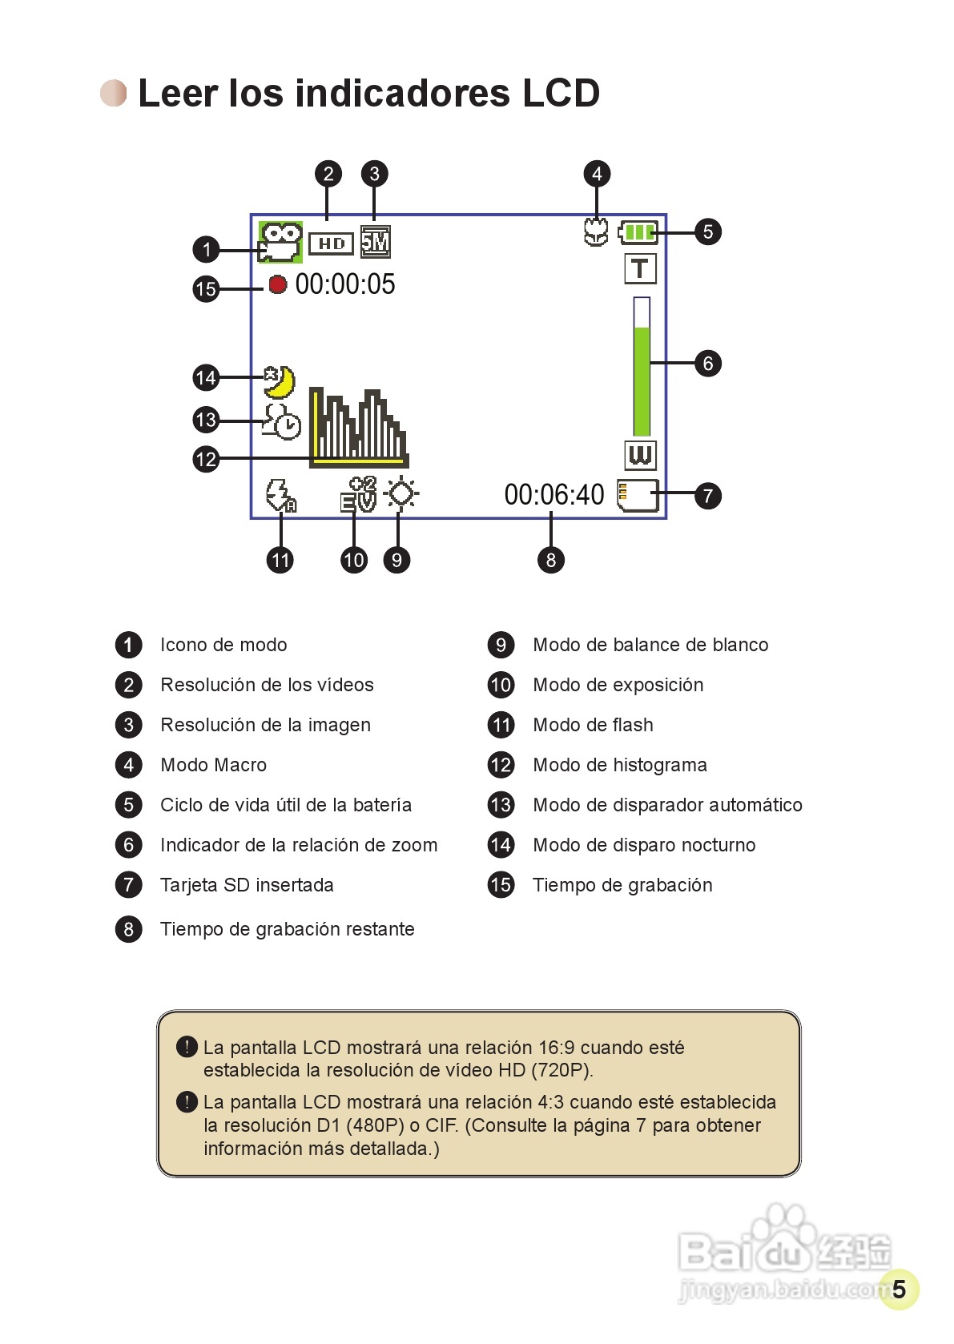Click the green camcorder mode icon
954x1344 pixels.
(x=280, y=242)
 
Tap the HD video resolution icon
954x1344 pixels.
(x=331, y=243)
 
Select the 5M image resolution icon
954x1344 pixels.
(x=375, y=241)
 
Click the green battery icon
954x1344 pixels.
(x=638, y=232)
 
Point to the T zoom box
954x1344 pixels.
(x=639, y=268)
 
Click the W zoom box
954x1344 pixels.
(x=639, y=455)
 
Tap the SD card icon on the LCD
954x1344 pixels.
(x=638, y=495)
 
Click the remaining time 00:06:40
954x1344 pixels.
(x=553, y=495)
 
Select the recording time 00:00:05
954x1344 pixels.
(x=345, y=284)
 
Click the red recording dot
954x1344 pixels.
(x=277, y=284)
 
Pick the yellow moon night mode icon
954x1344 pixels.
(x=280, y=381)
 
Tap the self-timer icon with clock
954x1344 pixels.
(x=281, y=421)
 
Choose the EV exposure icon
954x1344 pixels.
(x=358, y=494)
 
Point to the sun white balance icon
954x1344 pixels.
(x=401, y=493)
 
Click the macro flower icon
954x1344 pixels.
(x=595, y=232)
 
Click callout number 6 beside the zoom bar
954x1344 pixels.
(x=707, y=364)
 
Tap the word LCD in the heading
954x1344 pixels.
(x=561, y=93)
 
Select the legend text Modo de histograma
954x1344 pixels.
(x=620, y=765)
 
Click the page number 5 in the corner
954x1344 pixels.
(x=899, y=1289)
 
